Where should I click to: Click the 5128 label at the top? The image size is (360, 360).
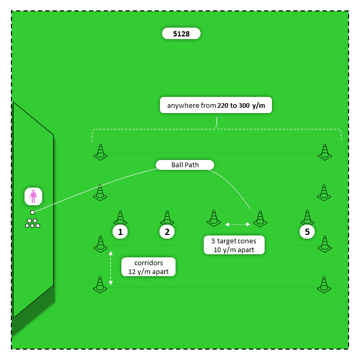pos(181,34)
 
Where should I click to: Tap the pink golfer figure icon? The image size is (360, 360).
pos(33,196)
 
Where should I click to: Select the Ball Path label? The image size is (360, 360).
pos(185,165)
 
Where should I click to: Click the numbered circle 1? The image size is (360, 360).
pos(120,232)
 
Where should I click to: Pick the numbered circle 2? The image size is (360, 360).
pos(167,232)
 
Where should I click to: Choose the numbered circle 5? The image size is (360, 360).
pos(307,232)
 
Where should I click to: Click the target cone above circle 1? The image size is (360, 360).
pos(120,218)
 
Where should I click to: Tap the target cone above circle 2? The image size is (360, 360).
pos(167,218)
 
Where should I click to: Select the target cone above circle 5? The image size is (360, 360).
pos(307,218)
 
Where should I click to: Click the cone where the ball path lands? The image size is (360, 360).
pos(260,219)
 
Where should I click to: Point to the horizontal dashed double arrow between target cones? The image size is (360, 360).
pos(237,225)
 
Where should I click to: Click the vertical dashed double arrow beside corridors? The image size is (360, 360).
pos(110,268)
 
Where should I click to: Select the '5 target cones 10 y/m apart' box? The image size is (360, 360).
pos(234,245)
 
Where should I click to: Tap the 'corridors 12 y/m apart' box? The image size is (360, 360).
pos(148,267)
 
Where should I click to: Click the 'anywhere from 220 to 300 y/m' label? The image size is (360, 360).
pos(216,106)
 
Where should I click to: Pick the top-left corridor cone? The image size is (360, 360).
pos(100,152)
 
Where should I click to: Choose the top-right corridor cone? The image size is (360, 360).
pos(325,152)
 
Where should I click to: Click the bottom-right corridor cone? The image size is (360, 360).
pos(325,284)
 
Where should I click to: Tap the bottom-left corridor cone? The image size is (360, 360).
pos(100,284)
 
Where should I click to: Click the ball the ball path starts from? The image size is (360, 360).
pos(32,213)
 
